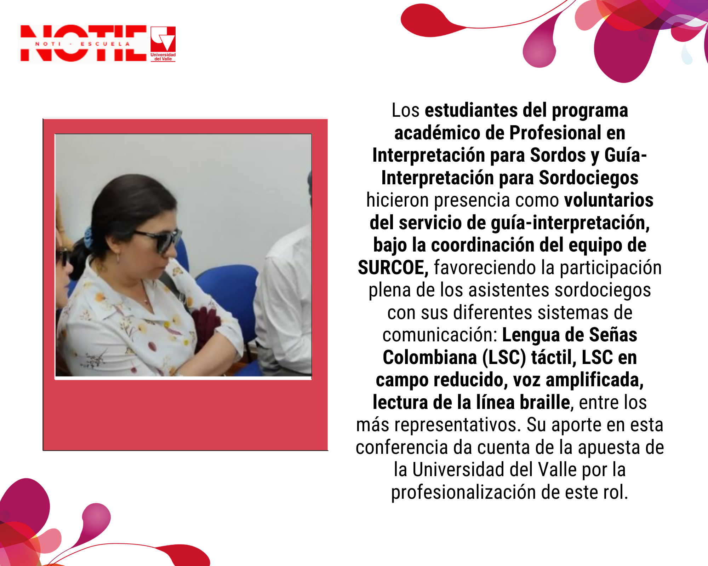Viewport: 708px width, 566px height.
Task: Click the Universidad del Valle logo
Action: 163,44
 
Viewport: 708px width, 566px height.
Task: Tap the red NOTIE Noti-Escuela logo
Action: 84,44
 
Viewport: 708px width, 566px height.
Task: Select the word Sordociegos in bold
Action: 589,178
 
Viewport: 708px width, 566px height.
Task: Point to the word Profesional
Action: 555,133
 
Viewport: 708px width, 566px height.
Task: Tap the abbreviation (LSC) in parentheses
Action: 504,358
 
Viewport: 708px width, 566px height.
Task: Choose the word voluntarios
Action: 609,200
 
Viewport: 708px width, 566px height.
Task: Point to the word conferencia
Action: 402,447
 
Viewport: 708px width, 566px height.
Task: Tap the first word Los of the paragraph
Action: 405,110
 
